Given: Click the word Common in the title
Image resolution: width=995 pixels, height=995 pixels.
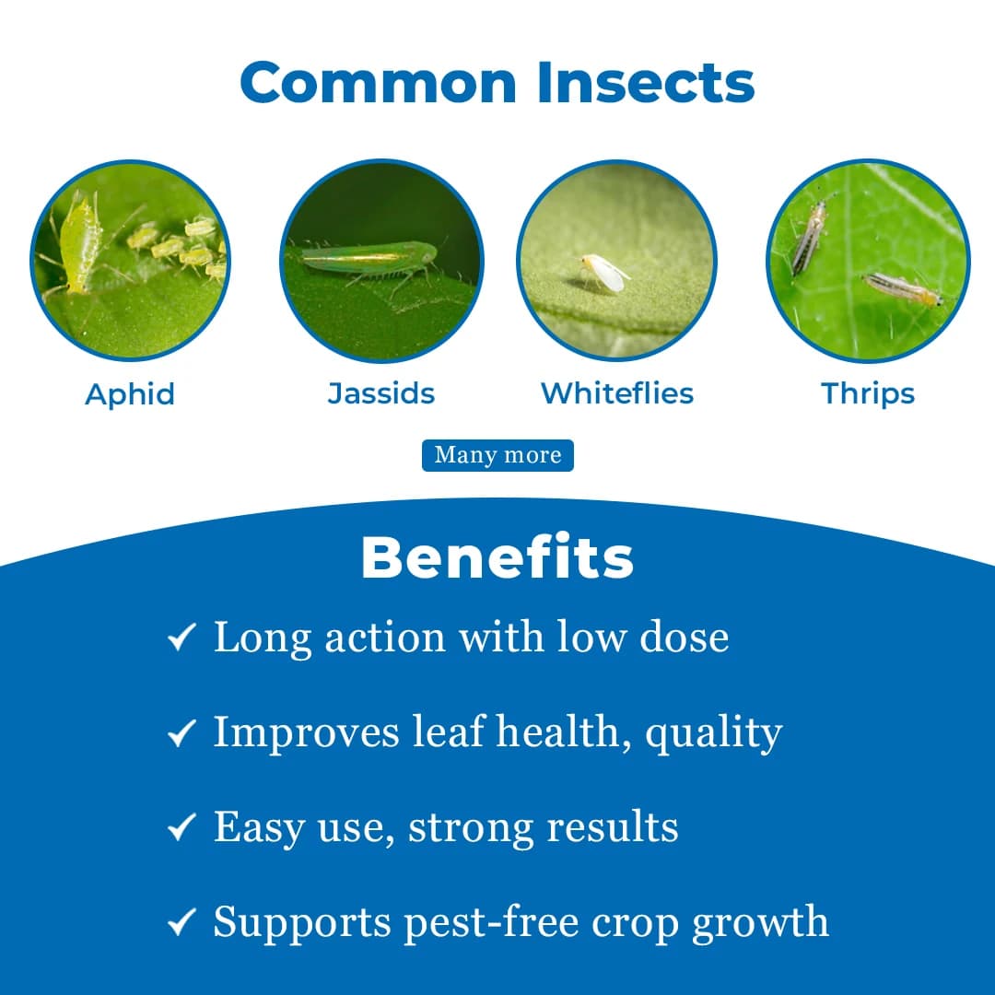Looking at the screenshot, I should tap(378, 82).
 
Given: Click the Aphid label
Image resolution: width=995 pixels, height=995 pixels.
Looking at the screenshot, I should tap(130, 394).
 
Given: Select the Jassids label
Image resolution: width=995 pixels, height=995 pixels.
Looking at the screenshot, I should tap(381, 393).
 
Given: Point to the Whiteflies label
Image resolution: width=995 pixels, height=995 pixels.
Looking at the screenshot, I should tap(617, 393).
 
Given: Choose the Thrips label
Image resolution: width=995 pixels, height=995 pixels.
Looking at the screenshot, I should tap(868, 393).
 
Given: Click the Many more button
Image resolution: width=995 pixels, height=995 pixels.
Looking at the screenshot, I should tap(497, 455).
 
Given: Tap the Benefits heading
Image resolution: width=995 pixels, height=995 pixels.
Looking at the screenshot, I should tap(497, 557).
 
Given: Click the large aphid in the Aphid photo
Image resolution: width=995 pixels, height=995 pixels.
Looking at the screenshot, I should tap(81, 244).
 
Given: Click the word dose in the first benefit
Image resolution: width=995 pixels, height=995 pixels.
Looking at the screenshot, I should tap(685, 637).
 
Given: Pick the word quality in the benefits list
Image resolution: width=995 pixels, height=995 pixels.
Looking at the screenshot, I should tap(713, 733).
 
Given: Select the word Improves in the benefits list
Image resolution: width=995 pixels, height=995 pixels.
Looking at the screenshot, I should tap(307, 733).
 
